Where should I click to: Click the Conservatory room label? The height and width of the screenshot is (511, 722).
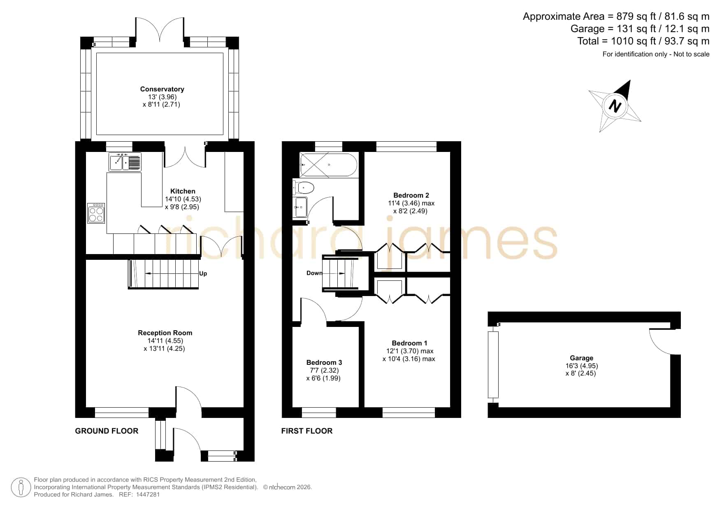(162, 89)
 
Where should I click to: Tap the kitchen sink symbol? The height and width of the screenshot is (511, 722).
(125, 162)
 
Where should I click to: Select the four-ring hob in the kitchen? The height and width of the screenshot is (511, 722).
(96, 213)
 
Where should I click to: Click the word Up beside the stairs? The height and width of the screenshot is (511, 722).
(203, 273)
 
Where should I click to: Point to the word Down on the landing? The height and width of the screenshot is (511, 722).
(315, 273)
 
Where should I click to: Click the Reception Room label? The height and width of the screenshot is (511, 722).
(165, 333)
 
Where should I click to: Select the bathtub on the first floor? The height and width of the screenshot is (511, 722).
(329, 165)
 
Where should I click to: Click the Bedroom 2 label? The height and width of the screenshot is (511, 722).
(411, 195)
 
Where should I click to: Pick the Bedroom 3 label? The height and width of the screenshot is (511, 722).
(324, 362)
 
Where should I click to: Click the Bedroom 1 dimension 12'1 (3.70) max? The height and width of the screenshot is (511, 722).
(410, 351)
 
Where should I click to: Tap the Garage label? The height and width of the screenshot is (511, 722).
(582, 358)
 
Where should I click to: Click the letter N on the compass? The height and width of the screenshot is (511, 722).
(615, 106)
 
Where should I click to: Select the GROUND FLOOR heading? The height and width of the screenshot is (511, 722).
(107, 431)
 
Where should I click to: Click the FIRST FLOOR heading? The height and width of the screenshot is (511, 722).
(307, 431)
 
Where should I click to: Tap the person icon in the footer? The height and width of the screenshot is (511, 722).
(21, 488)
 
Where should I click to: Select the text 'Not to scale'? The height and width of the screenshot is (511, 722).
(691, 54)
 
